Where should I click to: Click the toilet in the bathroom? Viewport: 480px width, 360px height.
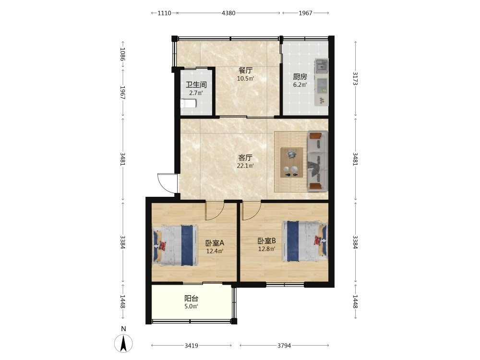click(x=188, y=104)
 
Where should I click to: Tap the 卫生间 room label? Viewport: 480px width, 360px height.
click(x=196, y=84)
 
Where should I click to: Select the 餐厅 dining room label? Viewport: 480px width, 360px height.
click(x=245, y=71)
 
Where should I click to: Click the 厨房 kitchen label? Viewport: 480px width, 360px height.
click(x=300, y=76)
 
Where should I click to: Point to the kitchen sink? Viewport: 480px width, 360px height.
click(x=322, y=65)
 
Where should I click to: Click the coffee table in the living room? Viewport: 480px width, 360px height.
click(x=292, y=163)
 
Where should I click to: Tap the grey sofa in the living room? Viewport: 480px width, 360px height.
click(x=318, y=161)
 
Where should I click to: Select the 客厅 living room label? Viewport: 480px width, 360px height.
click(x=245, y=158)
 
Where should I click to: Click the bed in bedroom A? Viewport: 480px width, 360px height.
click(x=175, y=245)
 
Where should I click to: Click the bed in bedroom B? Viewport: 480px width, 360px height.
click(x=305, y=241)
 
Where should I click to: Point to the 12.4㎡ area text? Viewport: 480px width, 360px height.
click(x=215, y=252)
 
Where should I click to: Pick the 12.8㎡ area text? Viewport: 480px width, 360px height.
click(x=266, y=249)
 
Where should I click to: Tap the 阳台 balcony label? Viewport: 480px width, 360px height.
click(x=192, y=298)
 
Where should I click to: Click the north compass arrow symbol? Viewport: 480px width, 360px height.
click(x=123, y=343)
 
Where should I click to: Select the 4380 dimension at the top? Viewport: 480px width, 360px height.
click(x=228, y=13)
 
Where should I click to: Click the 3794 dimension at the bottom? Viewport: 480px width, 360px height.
click(x=284, y=346)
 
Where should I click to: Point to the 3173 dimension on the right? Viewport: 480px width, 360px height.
click(x=355, y=79)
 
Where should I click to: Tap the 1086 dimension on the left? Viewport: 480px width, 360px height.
click(x=122, y=54)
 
